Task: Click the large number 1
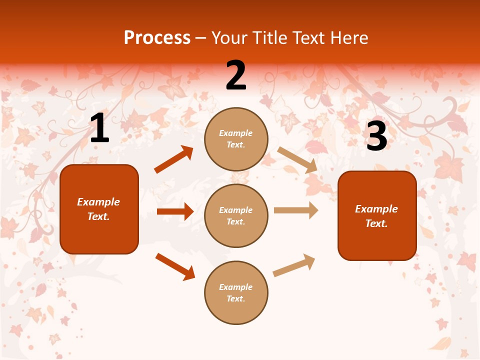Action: (99, 128)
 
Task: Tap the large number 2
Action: (236, 75)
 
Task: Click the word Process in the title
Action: (157, 37)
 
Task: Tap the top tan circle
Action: (236, 139)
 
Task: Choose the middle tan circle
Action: (236, 215)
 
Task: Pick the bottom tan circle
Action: (236, 292)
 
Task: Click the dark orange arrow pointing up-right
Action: (174, 159)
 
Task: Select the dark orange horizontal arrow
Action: (175, 211)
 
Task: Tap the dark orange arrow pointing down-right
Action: (175, 266)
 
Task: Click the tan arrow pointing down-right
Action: (297, 160)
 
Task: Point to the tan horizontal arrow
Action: (296, 210)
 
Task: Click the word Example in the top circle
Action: (236, 133)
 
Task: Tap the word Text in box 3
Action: (376, 223)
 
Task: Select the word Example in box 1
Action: (98, 202)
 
